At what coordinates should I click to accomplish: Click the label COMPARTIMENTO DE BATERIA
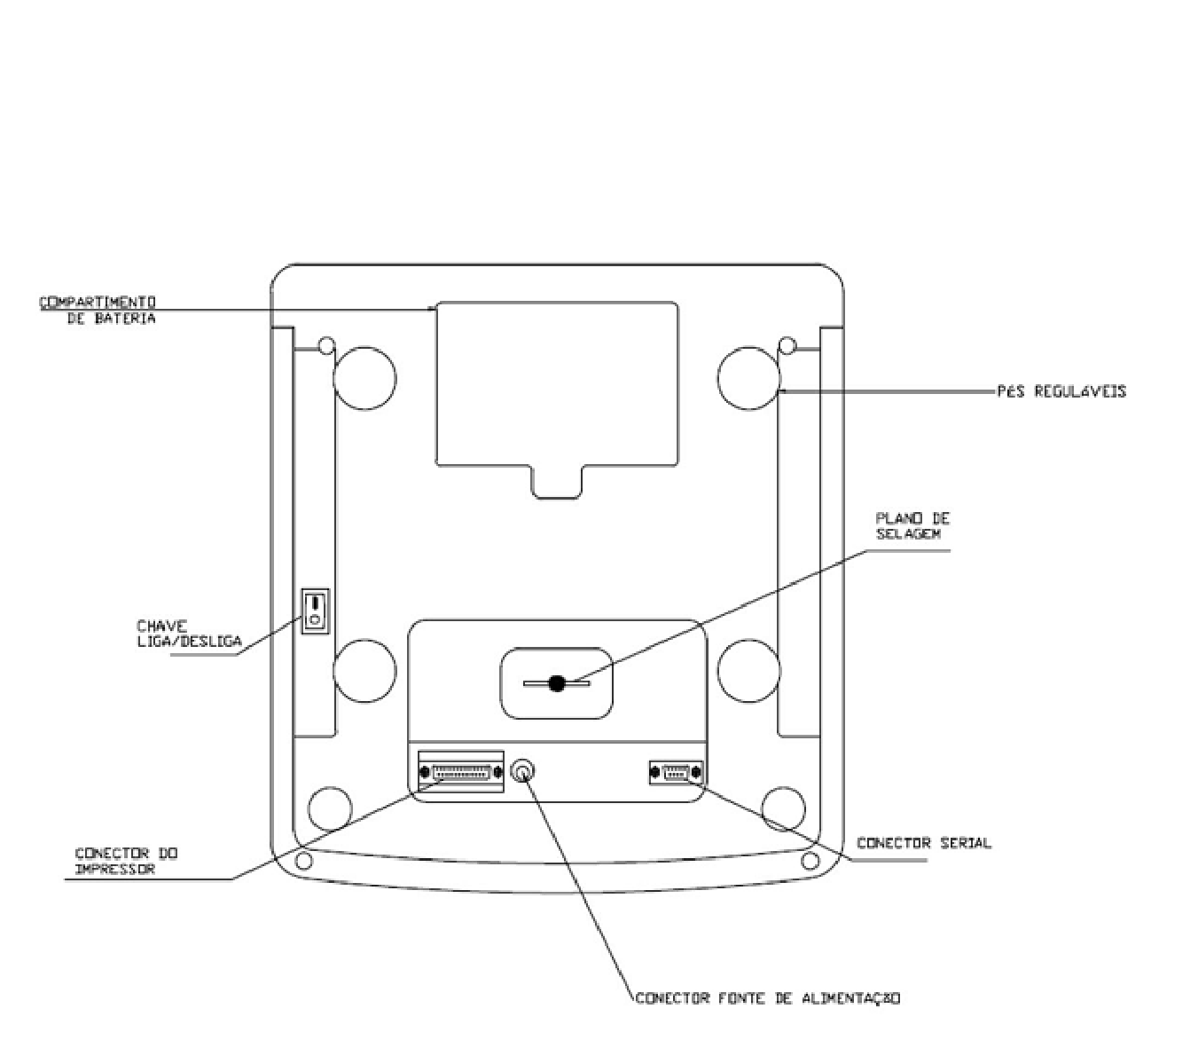[98, 310]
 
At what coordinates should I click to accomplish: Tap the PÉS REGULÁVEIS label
[1061, 391]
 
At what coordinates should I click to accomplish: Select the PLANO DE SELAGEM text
[912, 525]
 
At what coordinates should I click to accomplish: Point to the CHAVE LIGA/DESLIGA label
[189, 634]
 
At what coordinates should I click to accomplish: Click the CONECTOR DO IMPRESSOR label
[126, 861]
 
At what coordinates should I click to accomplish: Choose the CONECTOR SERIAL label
[924, 843]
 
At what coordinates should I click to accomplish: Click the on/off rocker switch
[315, 611]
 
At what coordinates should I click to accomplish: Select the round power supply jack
[522, 771]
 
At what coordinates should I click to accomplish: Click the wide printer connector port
[461, 772]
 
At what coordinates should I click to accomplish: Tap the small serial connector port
[676, 772]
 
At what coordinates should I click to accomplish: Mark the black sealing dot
[556, 683]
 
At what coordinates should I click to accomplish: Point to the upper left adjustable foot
[364, 378]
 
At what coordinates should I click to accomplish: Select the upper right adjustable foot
[748, 378]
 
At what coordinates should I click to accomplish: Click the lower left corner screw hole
[303, 860]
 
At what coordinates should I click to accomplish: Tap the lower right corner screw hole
[810, 860]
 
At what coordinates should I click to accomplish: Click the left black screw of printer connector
[424, 772]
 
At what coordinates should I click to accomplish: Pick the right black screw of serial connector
[697, 772]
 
